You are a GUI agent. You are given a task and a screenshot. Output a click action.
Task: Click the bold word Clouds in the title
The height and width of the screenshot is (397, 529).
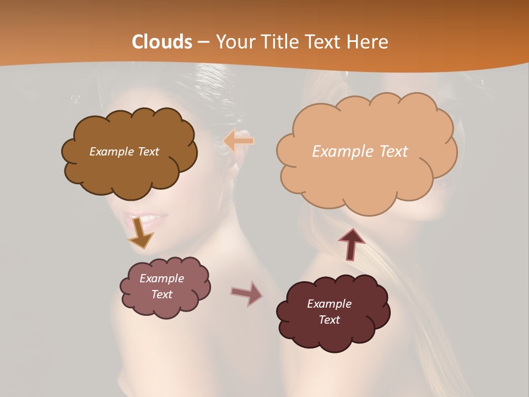click(x=162, y=42)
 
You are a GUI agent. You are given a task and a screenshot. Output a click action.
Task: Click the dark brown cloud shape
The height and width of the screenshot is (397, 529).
click(x=129, y=171)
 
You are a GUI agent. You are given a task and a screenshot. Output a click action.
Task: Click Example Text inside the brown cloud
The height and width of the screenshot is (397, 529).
click(x=124, y=152)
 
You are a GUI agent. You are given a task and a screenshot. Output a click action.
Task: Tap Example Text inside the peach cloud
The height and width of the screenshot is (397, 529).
click(x=360, y=152)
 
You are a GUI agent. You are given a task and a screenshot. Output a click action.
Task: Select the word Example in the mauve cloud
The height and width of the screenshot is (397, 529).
click(x=161, y=278)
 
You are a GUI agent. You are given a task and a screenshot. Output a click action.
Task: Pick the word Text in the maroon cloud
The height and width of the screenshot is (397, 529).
click(x=329, y=320)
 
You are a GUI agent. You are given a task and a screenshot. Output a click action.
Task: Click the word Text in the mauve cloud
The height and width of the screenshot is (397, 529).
click(x=161, y=294)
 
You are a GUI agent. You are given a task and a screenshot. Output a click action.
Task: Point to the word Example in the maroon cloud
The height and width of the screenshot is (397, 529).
click(x=329, y=304)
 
